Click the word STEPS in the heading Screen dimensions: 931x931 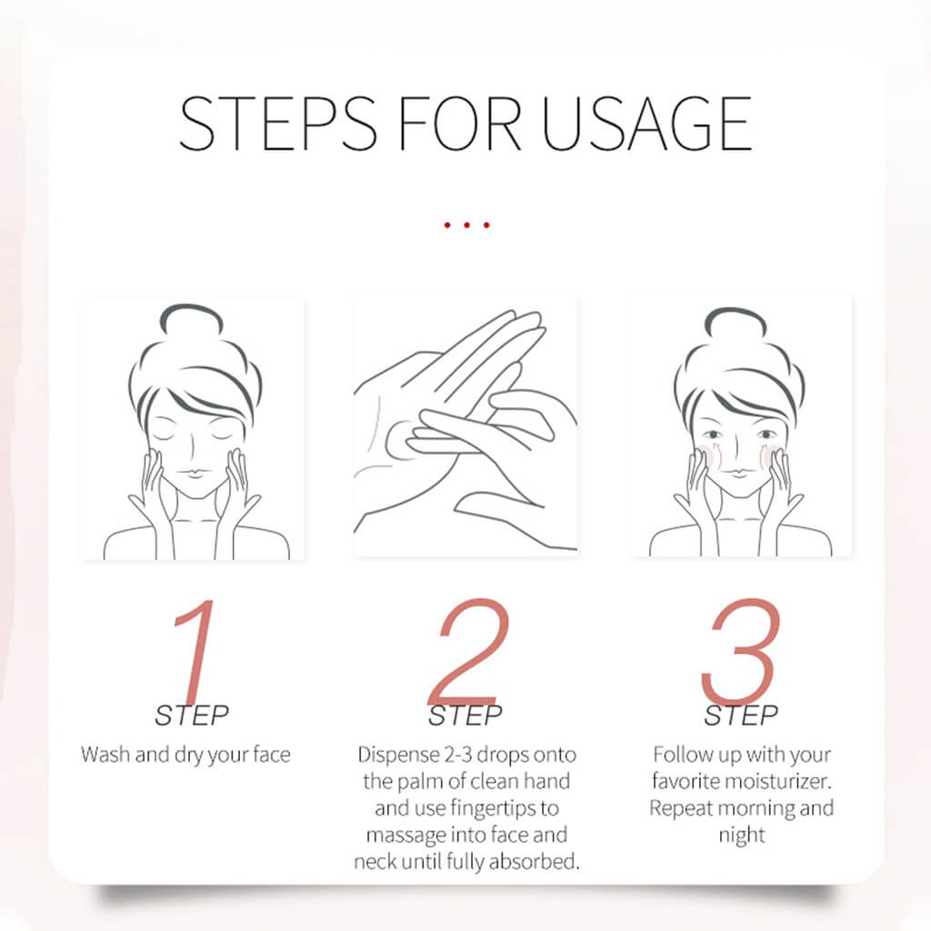coord(278,124)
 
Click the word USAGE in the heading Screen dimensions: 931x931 coord(647,124)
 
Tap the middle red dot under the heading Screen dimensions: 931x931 coord(466,225)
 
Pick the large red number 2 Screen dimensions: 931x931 coord(469,651)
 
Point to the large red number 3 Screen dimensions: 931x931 coord(740,651)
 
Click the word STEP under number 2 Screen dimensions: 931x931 coord(465,716)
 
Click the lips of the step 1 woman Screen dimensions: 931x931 coord(195,473)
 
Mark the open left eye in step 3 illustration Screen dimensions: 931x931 coord(714,435)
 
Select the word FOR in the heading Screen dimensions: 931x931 coord(459,124)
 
